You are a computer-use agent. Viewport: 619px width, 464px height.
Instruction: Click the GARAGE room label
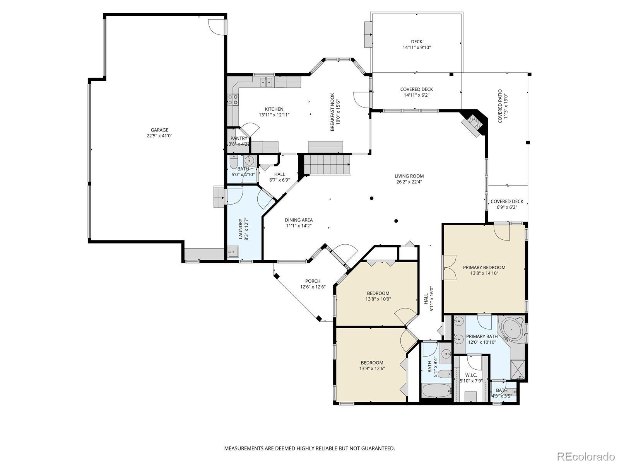pos(159,130)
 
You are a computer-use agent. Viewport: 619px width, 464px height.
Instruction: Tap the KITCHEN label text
pos(274,109)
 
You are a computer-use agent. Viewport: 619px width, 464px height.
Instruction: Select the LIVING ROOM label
pos(409,176)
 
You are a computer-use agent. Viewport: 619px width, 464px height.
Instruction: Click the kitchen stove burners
pos(233,99)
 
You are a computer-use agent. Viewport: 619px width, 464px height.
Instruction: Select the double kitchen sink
pos(266,82)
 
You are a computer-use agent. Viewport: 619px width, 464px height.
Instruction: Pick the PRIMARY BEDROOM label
pos(484,267)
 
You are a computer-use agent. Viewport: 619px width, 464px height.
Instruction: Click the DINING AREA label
pos(299,220)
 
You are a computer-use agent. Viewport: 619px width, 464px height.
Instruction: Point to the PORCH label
pos(313,281)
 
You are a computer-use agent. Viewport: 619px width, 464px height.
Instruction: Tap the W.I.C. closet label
pos(471,375)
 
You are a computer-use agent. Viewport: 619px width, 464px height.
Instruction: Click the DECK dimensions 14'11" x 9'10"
pos(417,48)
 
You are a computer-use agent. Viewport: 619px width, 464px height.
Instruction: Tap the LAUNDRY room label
pos(241,229)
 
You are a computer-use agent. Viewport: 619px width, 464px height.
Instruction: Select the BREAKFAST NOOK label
pos(332,112)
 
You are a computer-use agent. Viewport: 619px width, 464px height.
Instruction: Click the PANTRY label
pos(239,138)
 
